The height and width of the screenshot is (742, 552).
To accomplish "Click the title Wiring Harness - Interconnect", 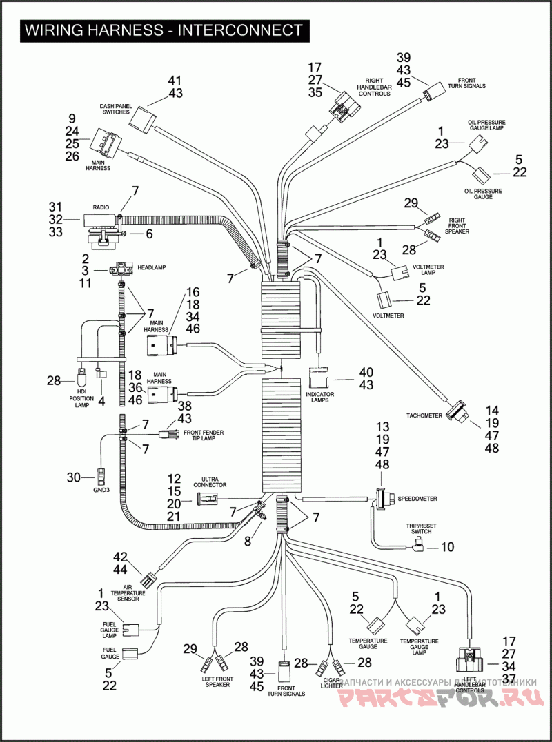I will (x=163, y=30).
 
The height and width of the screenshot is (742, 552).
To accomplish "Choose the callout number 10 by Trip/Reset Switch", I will (x=446, y=548).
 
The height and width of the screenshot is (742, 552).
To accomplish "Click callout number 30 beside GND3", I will (x=73, y=476).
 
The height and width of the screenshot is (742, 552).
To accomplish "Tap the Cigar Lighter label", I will (x=331, y=682).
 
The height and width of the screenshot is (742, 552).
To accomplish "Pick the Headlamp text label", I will (x=152, y=267).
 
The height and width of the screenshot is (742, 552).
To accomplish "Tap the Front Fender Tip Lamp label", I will (x=204, y=435).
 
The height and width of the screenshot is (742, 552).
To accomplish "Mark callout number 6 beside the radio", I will (x=148, y=234).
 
